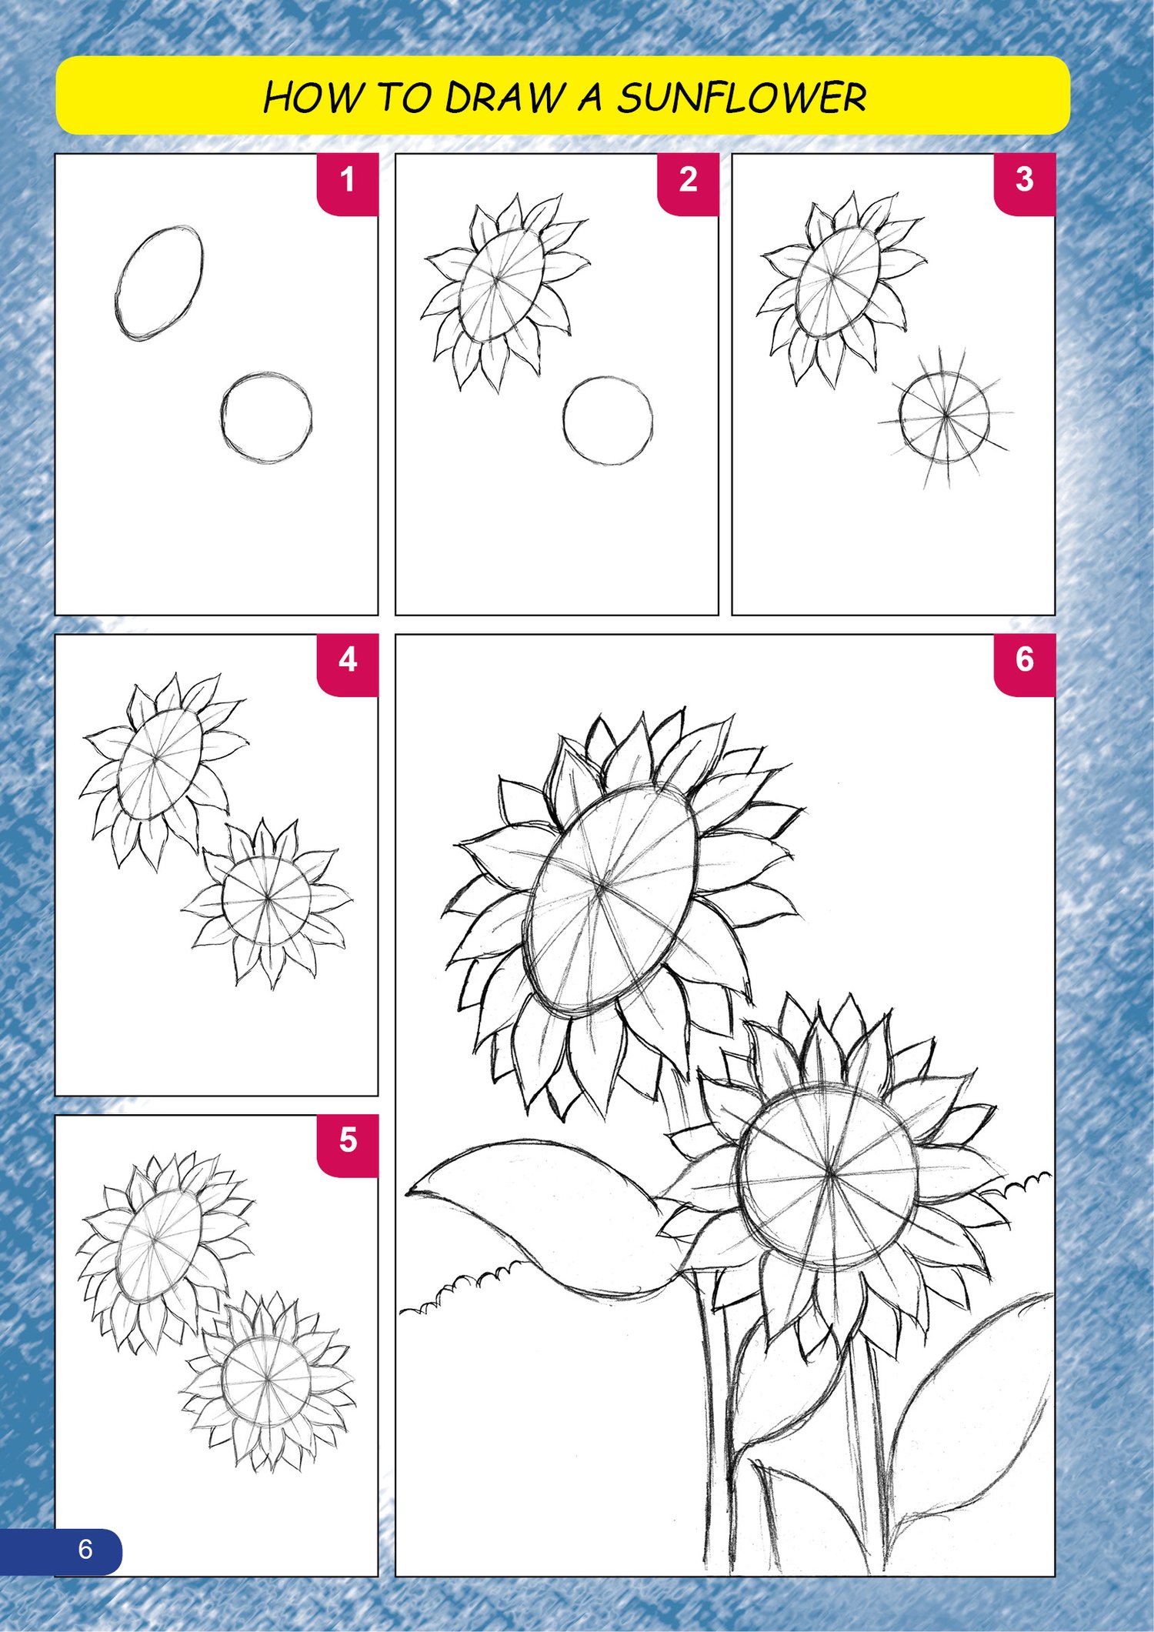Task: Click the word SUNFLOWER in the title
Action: (742, 98)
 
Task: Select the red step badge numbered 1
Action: (348, 184)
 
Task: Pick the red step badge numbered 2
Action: (688, 184)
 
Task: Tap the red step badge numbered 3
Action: (1025, 184)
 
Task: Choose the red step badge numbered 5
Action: (348, 1145)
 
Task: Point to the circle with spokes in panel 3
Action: (945, 416)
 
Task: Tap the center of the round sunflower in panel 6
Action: (829, 1173)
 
